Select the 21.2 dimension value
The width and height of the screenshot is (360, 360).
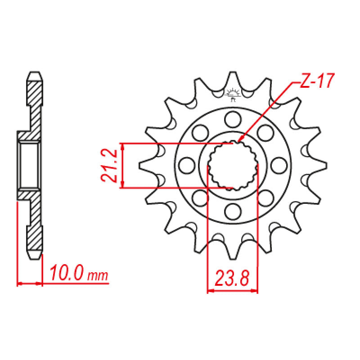click(x=110, y=166)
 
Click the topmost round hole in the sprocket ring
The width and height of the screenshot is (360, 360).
click(x=233, y=119)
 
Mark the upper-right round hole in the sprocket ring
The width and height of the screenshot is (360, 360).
click(x=265, y=132)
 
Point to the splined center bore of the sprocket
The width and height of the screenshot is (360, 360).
click(x=233, y=165)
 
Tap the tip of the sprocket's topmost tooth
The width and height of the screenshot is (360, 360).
click(x=233, y=73)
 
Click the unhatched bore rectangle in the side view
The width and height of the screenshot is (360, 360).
click(x=29, y=165)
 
